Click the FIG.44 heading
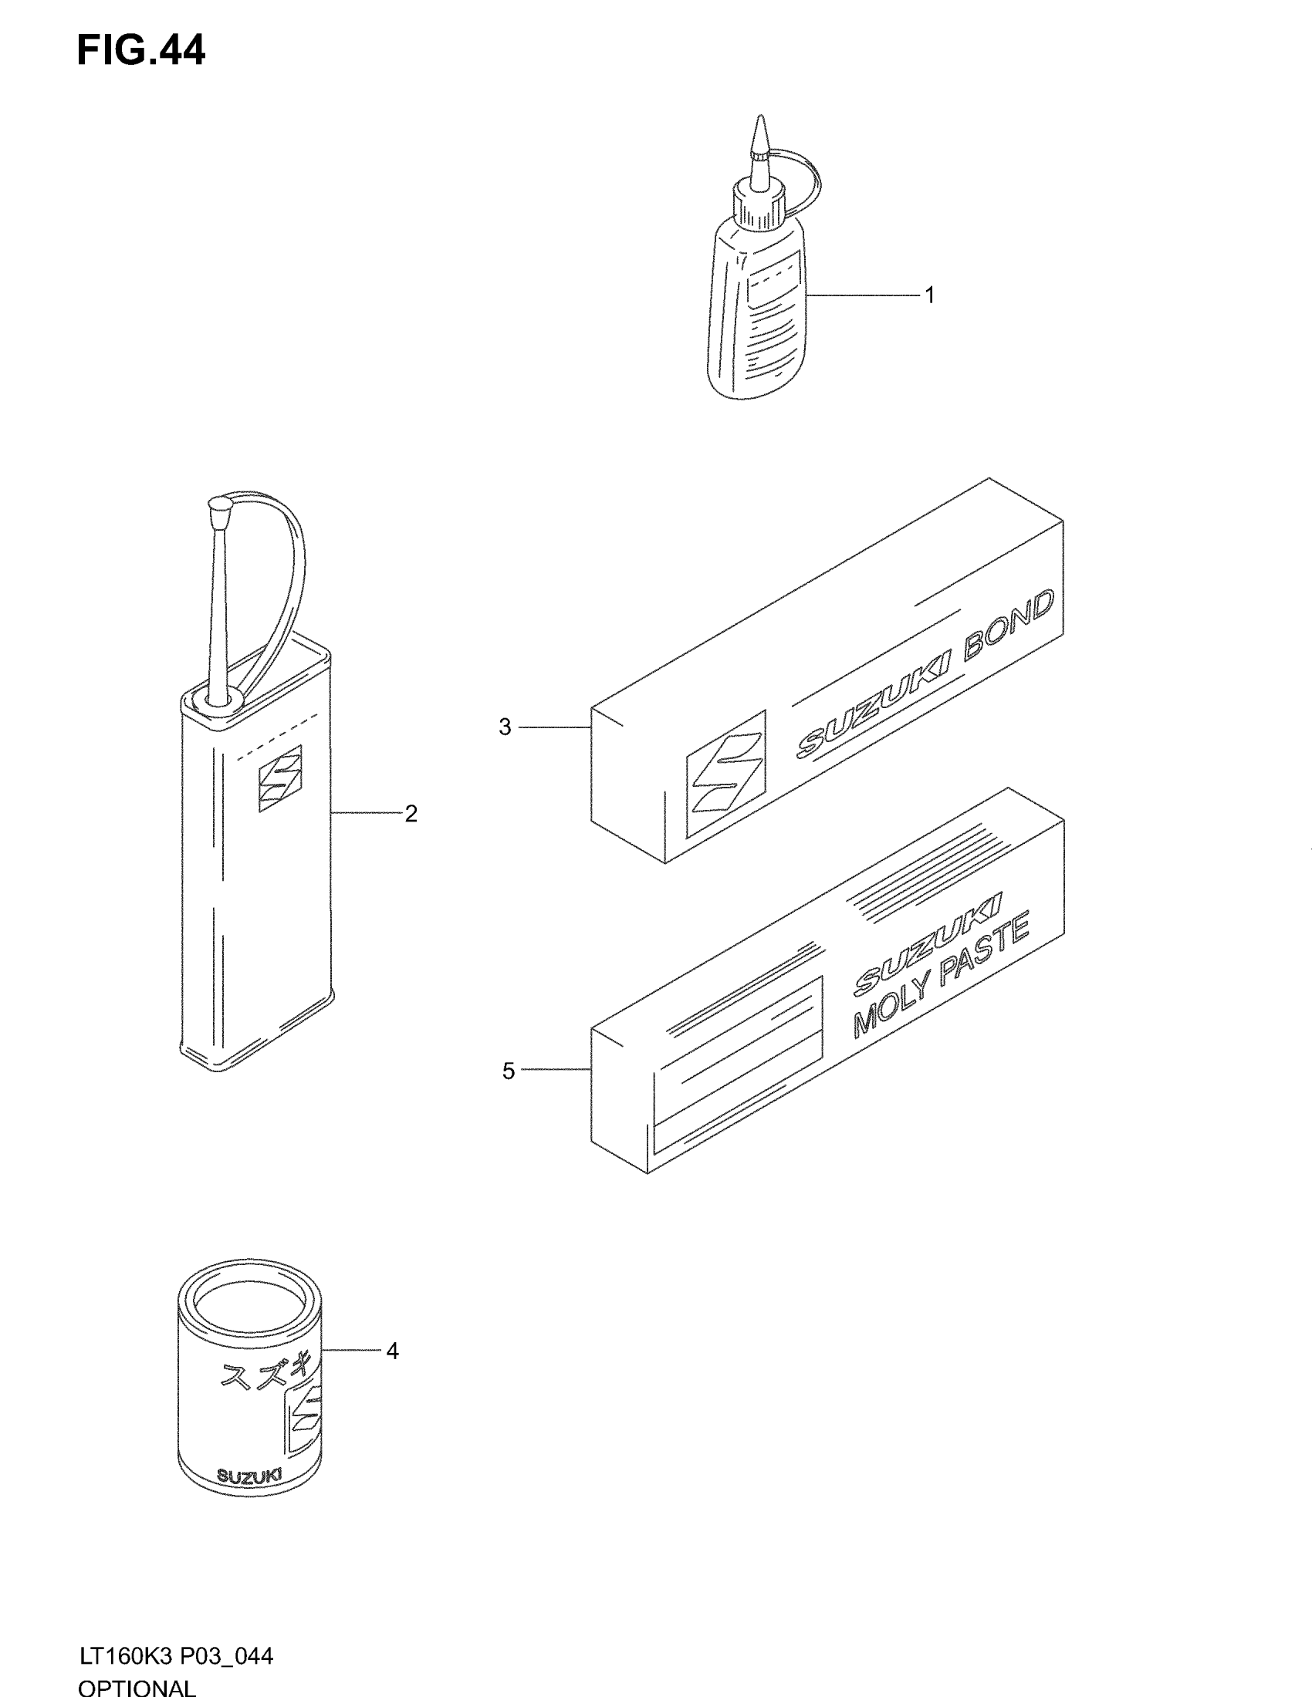point(140,50)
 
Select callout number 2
point(411,814)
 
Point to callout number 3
point(506,727)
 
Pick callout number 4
point(392,1351)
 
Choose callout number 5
point(509,1071)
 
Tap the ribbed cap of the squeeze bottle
point(758,204)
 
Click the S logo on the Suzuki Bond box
point(725,773)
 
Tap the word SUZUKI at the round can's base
point(249,1476)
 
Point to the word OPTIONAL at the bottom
point(137,1686)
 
